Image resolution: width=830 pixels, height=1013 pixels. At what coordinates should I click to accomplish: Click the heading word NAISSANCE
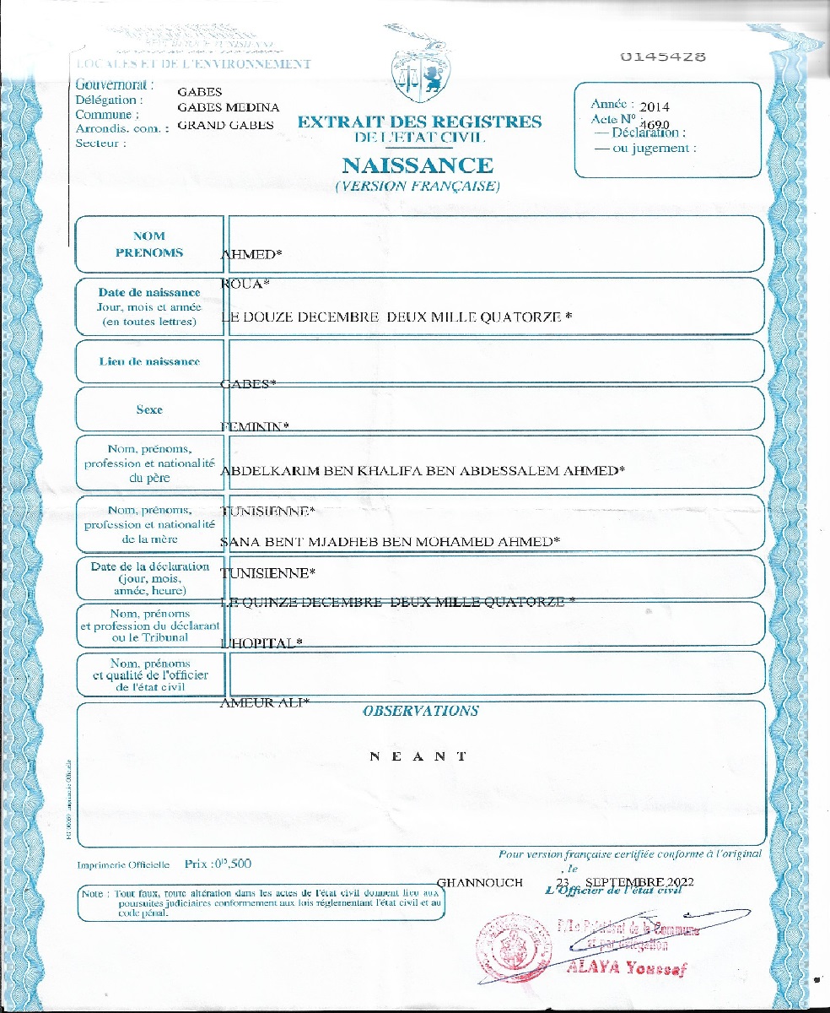417,165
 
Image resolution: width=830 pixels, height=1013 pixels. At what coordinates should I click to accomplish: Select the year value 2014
655,107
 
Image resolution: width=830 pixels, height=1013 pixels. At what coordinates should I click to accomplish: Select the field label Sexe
149,409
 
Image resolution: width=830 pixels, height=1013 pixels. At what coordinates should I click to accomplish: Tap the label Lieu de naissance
149,361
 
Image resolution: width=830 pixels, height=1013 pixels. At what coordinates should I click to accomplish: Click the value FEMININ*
254,426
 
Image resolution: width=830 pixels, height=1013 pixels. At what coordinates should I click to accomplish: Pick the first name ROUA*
244,284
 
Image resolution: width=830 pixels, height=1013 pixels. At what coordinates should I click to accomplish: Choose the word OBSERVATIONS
420,711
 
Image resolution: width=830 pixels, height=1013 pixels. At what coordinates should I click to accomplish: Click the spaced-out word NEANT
418,756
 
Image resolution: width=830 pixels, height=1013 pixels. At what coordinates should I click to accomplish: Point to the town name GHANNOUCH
480,882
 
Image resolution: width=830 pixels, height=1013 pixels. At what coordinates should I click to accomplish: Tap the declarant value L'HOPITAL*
261,643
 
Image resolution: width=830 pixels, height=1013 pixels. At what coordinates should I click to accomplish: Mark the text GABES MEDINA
228,107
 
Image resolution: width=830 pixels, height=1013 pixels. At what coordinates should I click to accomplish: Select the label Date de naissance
149,292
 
